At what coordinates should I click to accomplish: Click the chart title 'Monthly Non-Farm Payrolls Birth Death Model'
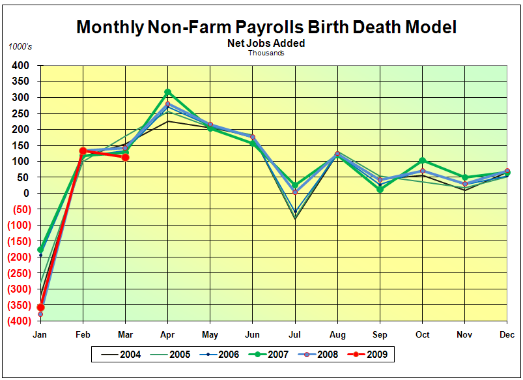[266, 27]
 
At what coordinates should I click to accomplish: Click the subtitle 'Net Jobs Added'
[266, 44]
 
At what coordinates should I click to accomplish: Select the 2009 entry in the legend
[375, 355]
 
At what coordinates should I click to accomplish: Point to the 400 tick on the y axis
[20, 65]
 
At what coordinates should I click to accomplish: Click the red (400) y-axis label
[17, 321]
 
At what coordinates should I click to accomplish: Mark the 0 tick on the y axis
[27, 194]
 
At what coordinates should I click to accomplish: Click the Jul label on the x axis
[295, 335]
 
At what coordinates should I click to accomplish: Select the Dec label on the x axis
[507, 335]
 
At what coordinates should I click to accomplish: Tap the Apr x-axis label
[168, 335]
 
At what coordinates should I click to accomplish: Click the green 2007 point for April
[168, 93]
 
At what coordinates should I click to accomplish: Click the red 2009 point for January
[40, 307]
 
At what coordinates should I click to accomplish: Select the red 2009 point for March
[125, 157]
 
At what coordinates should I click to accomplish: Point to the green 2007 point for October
[423, 160]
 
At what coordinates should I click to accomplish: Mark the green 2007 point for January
[40, 250]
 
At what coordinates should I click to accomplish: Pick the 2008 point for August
[337, 154]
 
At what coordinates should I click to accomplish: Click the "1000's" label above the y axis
[20, 47]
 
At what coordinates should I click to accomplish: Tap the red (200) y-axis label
[17, 257]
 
